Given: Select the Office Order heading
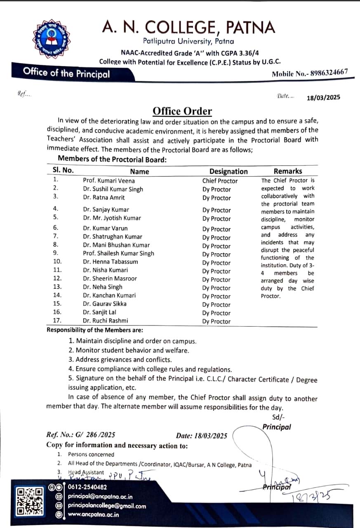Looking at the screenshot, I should [182, 111].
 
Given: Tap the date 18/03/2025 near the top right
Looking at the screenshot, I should [323, 98].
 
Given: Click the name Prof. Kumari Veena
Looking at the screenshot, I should [109, 181].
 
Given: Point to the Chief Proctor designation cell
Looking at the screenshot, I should [220, 181].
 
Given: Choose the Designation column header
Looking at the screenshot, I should [228, 172].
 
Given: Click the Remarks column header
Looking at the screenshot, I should [288, 171].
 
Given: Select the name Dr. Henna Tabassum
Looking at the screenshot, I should [111, 262].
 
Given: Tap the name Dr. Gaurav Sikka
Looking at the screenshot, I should [105, 304].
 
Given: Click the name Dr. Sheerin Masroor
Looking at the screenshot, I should [110, 278].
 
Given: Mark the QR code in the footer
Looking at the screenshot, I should [30, 501].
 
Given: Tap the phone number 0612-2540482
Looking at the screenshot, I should [87, 487].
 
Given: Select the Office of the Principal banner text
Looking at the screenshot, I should [66, 73].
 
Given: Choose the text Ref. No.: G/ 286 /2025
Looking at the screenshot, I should [81, 434].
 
